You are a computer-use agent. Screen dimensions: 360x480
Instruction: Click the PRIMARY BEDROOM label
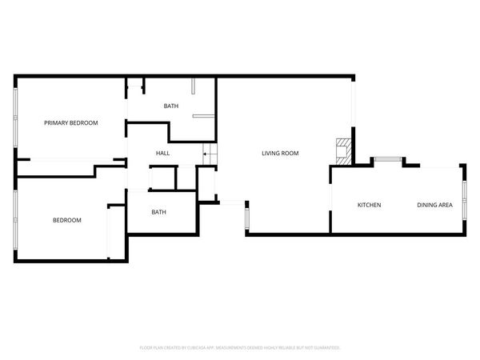coord(70,122)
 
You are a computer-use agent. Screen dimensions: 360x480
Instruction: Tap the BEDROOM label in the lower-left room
coord(67,220)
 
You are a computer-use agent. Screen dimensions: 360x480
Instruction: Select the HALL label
coord(162,153)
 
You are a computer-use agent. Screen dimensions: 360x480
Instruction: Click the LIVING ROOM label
coord(280,153)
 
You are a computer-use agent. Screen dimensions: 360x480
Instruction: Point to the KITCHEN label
coord(369,206)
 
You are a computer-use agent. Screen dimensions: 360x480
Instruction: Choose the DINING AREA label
coord(434,206)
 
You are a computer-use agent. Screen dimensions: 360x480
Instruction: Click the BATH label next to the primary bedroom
coord(171,106)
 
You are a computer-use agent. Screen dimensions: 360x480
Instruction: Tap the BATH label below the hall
coord(158,212)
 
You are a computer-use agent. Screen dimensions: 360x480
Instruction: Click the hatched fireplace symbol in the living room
coord(342,150)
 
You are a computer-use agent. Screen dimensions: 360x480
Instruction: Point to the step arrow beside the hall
coord(207,154)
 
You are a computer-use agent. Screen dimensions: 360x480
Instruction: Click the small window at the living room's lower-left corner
coord(247,216)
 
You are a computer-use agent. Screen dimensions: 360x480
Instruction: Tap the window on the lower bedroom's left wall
coord(15,218)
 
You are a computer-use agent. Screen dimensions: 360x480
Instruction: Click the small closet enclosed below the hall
coord(163,178)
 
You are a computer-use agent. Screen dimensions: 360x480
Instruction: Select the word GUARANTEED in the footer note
coord(323,348)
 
